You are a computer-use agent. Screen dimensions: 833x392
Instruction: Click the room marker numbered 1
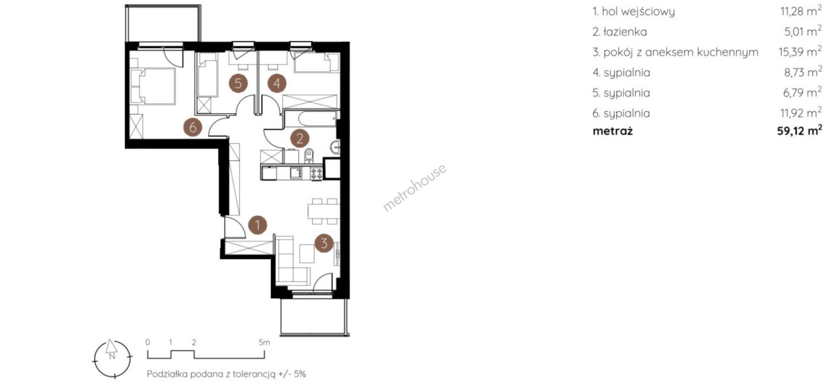coord(258,225)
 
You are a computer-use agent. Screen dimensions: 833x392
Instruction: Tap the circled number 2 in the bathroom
coord(299,138)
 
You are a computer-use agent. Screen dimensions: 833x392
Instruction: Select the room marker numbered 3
coord(324,243)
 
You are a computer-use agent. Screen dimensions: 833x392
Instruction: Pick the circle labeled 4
coord(277,82)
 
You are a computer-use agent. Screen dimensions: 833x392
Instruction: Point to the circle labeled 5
coord(238,82)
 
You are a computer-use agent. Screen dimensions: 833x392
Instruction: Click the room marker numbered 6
coord(193,127)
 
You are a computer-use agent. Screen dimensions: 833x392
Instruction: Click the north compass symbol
coord(112,358)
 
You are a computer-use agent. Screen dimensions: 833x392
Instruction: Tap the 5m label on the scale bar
coord(264,342)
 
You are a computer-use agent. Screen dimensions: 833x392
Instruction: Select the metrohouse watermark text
coord(414,188)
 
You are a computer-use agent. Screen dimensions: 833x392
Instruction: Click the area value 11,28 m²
coord(800,10)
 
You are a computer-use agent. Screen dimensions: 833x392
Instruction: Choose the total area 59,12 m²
coord(799,131)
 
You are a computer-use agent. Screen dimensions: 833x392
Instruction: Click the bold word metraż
coord(613,131)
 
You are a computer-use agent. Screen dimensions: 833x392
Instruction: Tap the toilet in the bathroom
coord(309,155)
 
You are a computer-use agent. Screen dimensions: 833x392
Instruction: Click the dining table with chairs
coord(323,211)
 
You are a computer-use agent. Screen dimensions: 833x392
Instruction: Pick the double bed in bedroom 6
coord(153,86)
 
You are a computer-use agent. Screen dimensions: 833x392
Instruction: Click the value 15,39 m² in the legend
coord(800,52)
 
